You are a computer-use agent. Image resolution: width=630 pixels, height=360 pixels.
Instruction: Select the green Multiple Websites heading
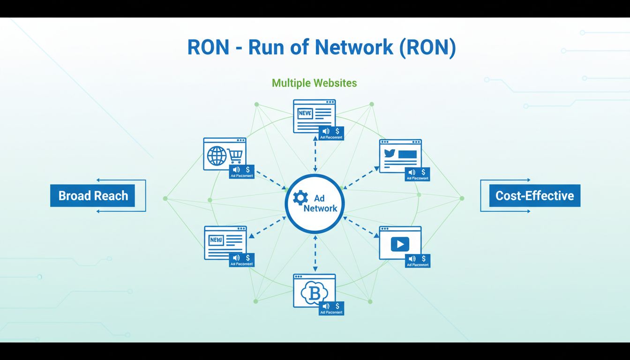tap(314, 83)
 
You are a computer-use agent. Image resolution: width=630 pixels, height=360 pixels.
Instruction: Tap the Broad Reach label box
tap(93, 195)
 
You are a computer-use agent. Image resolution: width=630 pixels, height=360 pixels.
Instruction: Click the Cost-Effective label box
tap(534, 195)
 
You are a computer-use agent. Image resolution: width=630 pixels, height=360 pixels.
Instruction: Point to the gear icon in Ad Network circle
tap(300, 198)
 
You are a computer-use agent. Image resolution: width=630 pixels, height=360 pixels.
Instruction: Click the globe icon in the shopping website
tap(217, 156)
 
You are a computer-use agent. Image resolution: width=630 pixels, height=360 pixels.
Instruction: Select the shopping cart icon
tap(234, 156)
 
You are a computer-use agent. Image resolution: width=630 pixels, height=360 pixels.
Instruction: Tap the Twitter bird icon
tap(390, 153)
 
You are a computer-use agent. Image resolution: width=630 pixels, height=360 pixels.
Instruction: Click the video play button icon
tap(400, 244)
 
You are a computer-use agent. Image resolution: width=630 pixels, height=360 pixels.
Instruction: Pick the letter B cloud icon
tap(314, 293)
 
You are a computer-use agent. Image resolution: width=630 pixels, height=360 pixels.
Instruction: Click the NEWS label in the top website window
tap(305, 113)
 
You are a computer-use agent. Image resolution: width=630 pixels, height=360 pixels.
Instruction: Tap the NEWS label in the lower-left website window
tap(216, 240)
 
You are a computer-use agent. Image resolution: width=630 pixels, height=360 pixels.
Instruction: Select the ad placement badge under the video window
tap(417, 261)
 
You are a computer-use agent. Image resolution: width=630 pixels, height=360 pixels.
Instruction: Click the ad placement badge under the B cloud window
tap(331, 308)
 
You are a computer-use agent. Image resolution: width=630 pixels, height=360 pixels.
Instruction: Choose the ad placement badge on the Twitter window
tap(417, 174)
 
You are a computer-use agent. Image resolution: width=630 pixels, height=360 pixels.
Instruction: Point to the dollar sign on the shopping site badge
tap(247, 169)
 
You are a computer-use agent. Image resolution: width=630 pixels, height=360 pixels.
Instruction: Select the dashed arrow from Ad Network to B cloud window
tap(315, 253)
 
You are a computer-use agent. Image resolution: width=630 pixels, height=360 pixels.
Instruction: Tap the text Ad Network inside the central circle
tap(320, 203)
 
